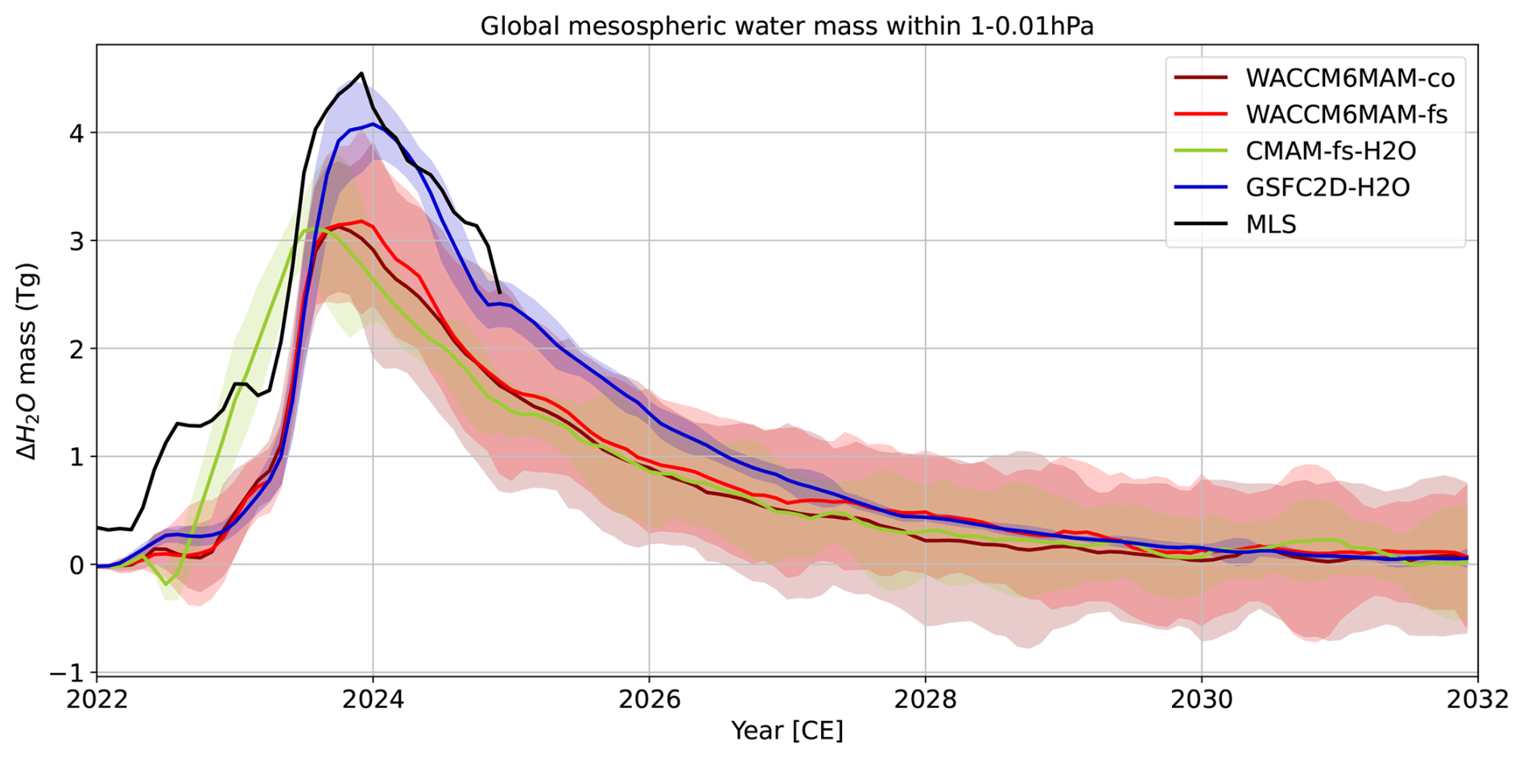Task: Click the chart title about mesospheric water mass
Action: tap(786, 27)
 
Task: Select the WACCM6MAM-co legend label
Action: tap(1350, 78)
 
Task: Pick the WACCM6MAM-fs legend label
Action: tap(1346, 114)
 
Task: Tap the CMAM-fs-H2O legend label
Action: tap(1331, 150)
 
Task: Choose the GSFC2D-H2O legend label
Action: tap(1327, 187)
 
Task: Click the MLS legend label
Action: tap(1271, 224)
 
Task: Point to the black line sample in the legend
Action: tap(1201, 224)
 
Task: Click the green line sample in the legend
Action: tap(1201, 150)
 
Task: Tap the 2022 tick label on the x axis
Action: tap(97, 699)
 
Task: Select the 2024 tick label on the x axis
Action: tap(373, 699)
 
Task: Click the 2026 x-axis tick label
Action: tap(649, 699)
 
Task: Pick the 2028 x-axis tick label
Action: tap(925, 699)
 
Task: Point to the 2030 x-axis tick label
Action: tap(1201, 699)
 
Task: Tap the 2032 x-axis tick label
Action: tap(1477, 699)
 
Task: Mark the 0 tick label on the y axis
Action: tap(76, 565)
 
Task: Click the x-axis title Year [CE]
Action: tap(786, 731)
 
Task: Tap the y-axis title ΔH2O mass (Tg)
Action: tap(28, 360)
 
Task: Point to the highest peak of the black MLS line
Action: tap(361, 73)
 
